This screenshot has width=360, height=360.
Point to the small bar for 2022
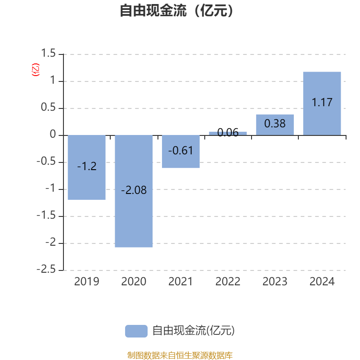(228, 133)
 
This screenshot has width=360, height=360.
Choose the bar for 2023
(274, 125)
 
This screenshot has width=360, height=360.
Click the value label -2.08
(134, 190)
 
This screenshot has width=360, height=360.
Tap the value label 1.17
(322, 102)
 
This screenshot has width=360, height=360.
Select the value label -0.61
(180, 151)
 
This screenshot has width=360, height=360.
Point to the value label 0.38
(274, 123)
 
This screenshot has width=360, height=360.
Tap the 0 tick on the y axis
(53, 135)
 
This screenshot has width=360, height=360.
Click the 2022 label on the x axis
(228, 282)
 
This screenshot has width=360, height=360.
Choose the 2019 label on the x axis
(86, 282)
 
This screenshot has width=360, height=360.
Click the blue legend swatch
(136, 331)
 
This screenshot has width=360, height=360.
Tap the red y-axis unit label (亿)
(36, 69)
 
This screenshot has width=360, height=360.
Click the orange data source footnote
(180, 355)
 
